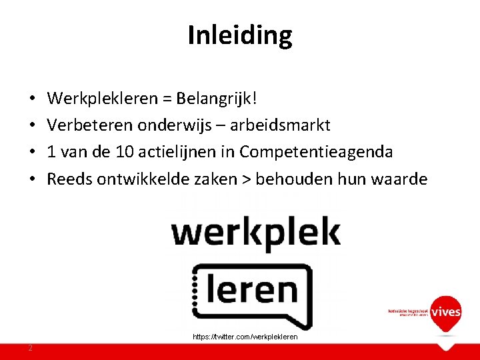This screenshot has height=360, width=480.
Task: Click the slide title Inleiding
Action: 240,35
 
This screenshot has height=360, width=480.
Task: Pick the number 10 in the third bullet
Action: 124,152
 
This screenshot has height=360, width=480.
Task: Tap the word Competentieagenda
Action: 316,152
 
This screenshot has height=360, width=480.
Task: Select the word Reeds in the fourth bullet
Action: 69,179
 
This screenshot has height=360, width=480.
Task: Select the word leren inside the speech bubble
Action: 252,291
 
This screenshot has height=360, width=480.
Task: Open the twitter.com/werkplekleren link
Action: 245,337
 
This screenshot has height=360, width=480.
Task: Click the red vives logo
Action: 445,312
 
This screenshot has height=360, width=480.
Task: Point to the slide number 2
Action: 31,348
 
